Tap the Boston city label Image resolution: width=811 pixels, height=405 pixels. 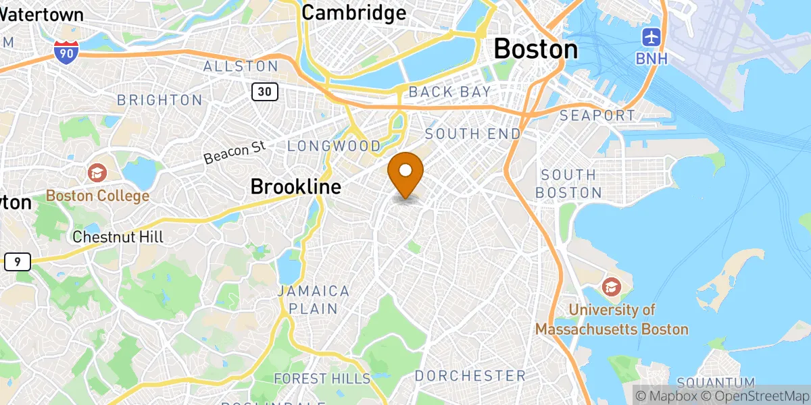[536, 49]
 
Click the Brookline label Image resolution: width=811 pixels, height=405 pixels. [295, 186]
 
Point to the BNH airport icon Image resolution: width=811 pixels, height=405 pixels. [652, 36]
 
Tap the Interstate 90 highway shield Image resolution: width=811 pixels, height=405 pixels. [66, 51]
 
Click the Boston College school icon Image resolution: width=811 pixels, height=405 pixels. [97, 173]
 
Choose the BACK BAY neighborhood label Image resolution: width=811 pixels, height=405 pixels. [449, 92]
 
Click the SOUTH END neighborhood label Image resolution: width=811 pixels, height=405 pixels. [473, 134]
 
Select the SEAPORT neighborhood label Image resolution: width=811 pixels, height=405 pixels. [597, 116]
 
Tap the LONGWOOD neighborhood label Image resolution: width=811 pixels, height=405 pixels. [335, 146]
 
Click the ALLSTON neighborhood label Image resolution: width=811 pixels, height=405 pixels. [241, 66]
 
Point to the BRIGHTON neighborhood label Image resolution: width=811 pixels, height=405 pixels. [159, 100]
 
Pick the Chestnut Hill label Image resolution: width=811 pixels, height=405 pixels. [118, 237]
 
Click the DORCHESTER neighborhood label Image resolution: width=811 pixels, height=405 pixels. [470, 375]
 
